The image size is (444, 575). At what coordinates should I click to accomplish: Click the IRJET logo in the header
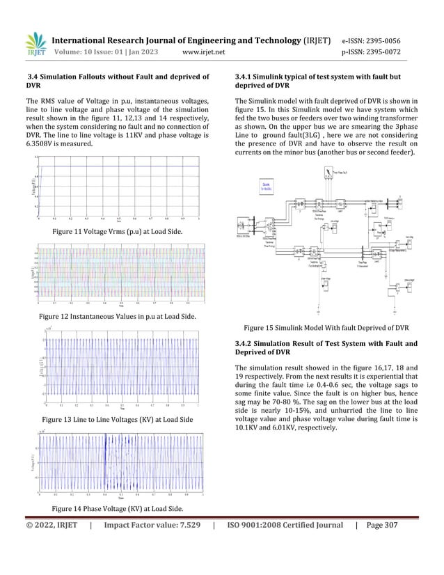tap(35, 44)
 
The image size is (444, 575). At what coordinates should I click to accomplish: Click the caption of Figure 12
tap(117, 317)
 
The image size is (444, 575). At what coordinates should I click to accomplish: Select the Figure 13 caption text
tap(118, 420)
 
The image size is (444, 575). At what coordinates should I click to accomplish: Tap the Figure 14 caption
tap(118, 510)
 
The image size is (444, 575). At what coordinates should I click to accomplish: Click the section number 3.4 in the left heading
tap(33, 76)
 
